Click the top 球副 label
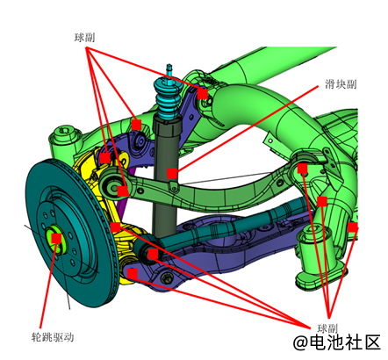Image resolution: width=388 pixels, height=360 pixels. coord(84,38)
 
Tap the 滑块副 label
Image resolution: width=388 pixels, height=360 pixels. coord(341,84)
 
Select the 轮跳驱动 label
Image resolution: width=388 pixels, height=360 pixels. coord(53,337)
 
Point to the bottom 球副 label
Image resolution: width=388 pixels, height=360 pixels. coord(327,328)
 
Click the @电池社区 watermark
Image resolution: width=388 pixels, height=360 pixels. coord(337,342)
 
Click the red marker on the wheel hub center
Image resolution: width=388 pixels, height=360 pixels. coord(56,238)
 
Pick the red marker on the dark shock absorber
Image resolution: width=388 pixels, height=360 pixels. coord(172,173)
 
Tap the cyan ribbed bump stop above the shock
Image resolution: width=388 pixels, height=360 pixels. coord(166,97)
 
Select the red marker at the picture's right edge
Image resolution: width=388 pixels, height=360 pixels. coord(353,227)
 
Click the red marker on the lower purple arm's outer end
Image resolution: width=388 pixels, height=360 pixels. coord(133,274)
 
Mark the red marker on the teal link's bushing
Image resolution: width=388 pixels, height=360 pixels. coord(153,254)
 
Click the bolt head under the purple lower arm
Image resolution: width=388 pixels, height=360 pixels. coord(167,277)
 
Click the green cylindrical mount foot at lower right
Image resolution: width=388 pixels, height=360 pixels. coord(318,257)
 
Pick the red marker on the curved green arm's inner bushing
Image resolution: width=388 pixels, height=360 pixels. coord(302,169)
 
